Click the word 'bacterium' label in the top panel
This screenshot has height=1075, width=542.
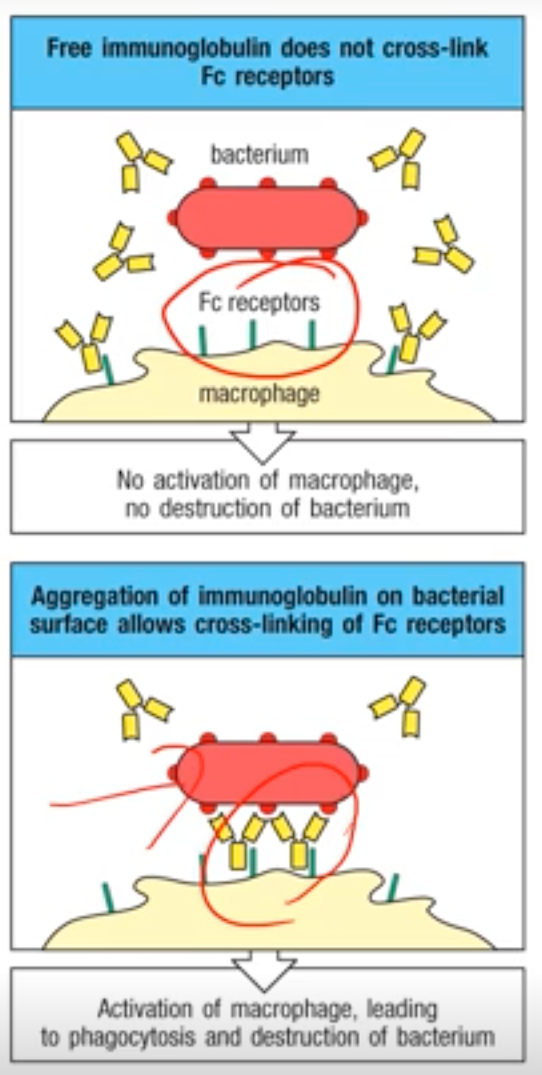point(259,155)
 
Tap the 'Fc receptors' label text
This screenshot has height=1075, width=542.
point(259,303)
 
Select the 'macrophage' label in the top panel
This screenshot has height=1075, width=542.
point(259,393)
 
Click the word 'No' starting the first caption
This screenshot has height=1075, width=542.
point(129,480)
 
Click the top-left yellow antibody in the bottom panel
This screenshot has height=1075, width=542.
point(141,706)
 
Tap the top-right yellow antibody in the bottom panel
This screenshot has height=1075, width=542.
point(399,706)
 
